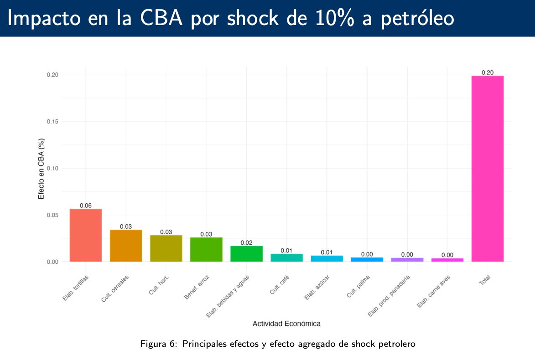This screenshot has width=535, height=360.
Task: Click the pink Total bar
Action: [487, 169]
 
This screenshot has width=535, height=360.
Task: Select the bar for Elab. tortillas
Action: [86, 235]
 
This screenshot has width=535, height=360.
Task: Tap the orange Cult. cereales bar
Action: [126, 246]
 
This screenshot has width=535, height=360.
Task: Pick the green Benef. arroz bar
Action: [206, 250]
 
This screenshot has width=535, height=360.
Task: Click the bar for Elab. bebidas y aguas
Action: [246, 254]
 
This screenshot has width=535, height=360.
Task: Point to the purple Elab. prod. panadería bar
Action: [407, 259]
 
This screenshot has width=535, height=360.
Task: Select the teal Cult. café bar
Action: [286, 257]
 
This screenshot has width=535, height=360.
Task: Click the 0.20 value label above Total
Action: [487, 72]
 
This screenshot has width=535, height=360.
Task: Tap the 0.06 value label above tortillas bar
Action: [86, 206]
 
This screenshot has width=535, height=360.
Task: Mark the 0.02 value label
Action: [246, 243]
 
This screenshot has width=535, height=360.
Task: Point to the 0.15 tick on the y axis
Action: [53, 122]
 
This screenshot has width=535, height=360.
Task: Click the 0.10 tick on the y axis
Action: [53, 169]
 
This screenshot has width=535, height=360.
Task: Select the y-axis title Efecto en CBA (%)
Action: [41, 169]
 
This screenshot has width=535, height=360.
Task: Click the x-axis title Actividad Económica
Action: [286, 324]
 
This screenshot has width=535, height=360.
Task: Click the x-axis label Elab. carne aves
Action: [434, 291]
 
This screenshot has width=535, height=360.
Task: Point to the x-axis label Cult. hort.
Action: [160, 284]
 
